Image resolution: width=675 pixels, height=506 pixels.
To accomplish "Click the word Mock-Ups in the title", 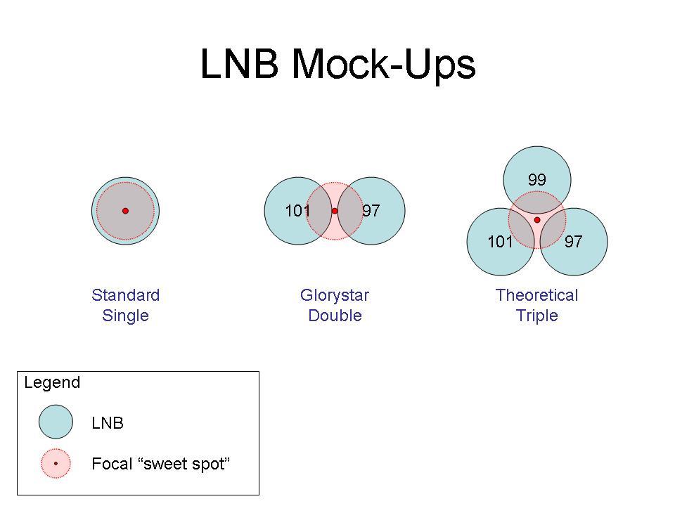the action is [384, 65].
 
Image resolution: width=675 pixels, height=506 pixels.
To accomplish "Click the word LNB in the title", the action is [239, 63].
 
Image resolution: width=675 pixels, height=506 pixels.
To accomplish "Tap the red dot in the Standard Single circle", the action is [125, 211].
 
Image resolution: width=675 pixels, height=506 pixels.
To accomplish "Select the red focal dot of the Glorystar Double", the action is [335, 211].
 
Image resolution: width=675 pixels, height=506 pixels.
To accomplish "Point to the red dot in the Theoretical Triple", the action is [536, 220].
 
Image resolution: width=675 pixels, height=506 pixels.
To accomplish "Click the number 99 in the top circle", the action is [536, 179].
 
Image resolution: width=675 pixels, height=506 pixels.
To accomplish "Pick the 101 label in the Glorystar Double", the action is [297, 211].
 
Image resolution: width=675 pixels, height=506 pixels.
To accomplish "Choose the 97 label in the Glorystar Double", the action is [371, 210].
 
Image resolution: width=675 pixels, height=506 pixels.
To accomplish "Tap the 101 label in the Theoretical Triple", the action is [500, 241].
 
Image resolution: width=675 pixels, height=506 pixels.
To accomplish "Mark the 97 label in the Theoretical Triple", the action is [574, 241].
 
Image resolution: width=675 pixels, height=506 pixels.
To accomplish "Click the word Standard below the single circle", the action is [125, 295].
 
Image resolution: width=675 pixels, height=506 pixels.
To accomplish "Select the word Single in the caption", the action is [125, 316].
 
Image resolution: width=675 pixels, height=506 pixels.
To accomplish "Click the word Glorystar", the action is [335, 296].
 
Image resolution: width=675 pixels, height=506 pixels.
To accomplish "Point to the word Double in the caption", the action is [335, 316].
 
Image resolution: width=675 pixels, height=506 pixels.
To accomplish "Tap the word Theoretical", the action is [536, 295].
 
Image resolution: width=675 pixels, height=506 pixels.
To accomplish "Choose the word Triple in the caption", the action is [536, 316].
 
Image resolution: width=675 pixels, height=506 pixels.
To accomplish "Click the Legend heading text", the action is [52, 383].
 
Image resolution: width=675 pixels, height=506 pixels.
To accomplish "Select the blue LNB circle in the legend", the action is [56, 422].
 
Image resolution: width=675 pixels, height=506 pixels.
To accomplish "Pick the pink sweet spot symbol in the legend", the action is [56, 463].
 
